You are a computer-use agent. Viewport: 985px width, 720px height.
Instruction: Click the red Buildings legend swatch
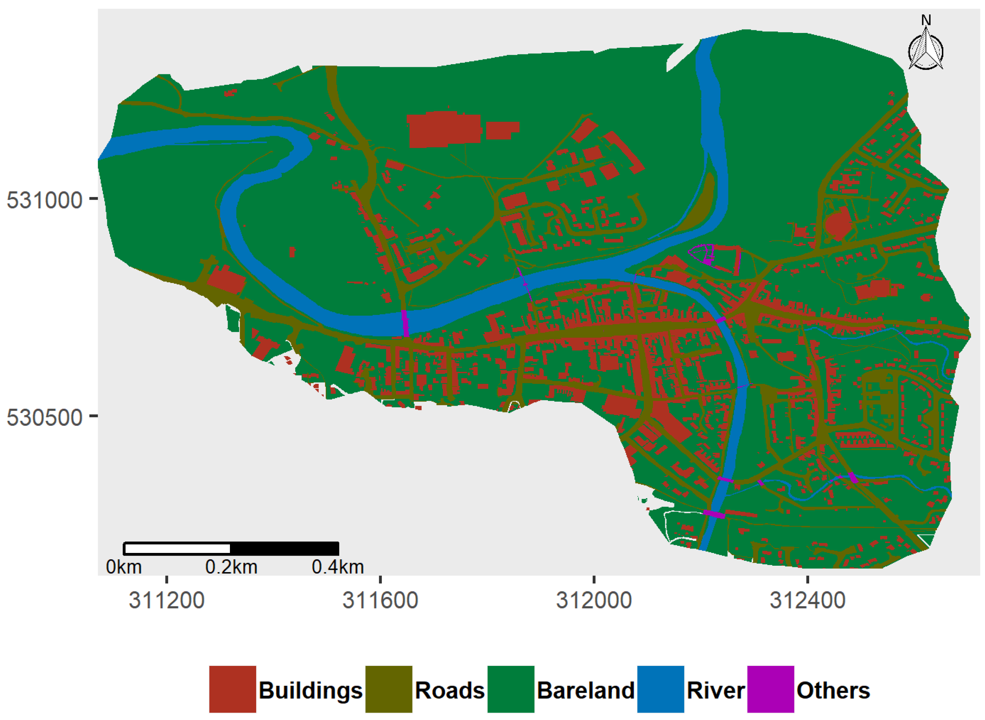[233, 689]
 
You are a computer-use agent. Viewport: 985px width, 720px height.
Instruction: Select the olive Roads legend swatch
[389, 689]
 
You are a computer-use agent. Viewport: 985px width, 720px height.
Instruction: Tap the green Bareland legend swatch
[511, 689]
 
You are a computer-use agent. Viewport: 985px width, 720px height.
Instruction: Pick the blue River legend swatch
[661, 689]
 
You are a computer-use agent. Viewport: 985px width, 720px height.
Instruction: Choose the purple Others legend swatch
[771, 689]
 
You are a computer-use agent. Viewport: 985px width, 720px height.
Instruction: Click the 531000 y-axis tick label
[44, 200]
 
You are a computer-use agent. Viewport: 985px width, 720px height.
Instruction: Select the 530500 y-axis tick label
[44, 417]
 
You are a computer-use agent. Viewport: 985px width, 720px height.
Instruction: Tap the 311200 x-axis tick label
[166, 601]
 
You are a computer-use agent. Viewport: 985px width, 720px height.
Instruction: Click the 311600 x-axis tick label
[380, 601]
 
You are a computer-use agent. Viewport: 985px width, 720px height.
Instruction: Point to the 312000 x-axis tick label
[594, 601]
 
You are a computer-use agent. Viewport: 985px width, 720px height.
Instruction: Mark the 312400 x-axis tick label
[807, 601]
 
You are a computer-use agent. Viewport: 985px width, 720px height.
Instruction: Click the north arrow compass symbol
[926, 51]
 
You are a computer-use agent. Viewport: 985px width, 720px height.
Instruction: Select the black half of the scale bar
[284, 548]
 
